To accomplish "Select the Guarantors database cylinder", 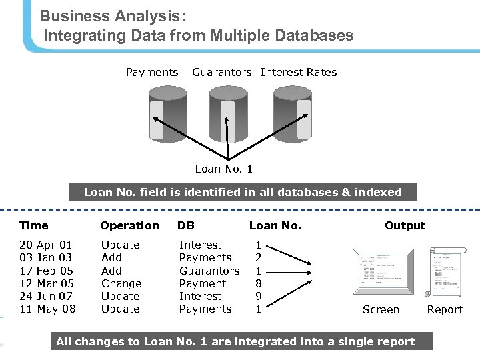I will (x=228, y=113).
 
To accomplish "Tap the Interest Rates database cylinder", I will (x=292, y=113).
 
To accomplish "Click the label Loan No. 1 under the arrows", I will (x=223, y=169).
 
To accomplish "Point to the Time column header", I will (x=34, y=225).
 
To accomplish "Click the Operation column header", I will (x=129, y=225).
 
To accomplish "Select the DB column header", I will (x=186, y=225).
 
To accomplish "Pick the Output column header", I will (x=405, y=225).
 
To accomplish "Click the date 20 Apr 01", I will (x=45, y=245).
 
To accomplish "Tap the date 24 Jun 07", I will (x=46, y=296).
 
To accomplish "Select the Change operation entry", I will (x=121, y=283).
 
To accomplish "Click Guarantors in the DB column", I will (x=209, y=271).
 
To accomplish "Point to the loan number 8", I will (x=259, y=283).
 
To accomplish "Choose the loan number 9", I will (x=259, y=296).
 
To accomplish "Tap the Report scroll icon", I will (x=445, y=273).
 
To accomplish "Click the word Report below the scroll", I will (x=445, y=310).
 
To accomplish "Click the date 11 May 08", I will (x=47, y=309).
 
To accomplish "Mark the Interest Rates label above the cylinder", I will (x=299, y=72).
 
